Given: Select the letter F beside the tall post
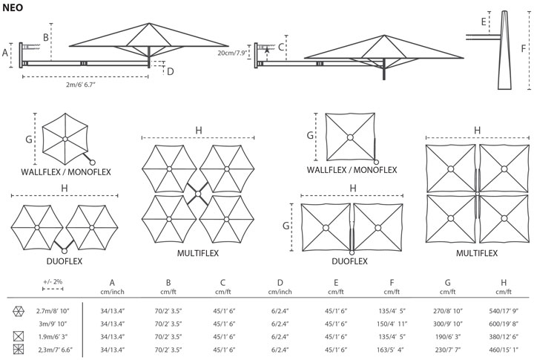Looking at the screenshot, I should point(524,48).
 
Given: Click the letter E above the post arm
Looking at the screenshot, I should point(484,22).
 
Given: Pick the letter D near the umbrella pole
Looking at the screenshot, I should point(170,71).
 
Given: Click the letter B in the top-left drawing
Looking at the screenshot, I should point(45,36).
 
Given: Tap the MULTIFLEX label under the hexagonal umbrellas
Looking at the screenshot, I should point(197,253).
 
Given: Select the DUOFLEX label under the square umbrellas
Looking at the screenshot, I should point(349,261).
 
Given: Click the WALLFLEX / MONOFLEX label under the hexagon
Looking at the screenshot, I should point(66,172).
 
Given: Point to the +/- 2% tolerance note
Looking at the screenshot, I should point(53,283).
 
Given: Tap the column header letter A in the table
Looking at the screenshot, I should point(112,282).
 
